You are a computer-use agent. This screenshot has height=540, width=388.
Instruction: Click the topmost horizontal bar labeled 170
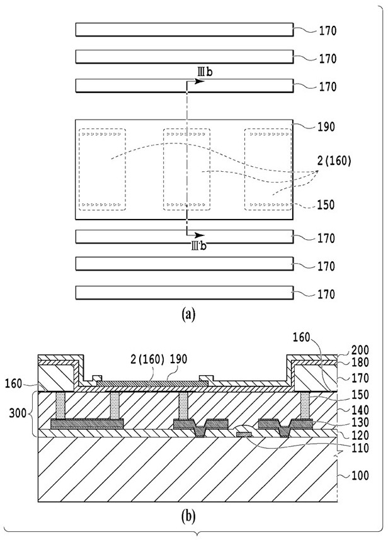(185, 30)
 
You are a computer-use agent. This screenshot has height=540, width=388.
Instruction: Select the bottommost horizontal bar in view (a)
(185, 293)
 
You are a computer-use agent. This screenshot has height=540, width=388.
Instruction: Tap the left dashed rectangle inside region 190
(102, 169)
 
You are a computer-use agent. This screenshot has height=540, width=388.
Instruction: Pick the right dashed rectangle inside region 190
(268, 169)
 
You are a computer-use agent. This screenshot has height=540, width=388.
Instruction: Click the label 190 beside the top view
(326, 127)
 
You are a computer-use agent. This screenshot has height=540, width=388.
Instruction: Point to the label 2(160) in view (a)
(334, 161)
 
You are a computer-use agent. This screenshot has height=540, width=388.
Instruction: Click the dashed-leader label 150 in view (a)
(326, 205)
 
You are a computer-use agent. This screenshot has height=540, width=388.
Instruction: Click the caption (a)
(188, 315)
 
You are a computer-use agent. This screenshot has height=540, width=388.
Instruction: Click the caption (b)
(188, 516)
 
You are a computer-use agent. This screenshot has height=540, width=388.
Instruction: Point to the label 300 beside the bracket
(18, 413)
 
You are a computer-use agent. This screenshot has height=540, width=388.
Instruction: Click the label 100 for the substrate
(360, 476)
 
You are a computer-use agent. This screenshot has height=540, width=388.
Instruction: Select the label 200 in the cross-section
(360, 350)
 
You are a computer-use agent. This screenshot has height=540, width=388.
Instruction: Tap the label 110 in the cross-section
(360, 448)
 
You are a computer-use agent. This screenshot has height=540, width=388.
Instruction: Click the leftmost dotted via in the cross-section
(60, 406)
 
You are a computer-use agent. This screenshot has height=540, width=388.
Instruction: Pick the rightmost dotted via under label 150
(305, 406)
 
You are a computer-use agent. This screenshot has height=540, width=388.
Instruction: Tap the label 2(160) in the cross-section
(147, 359)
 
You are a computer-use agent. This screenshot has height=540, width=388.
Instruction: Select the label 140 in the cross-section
(360, 410)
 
